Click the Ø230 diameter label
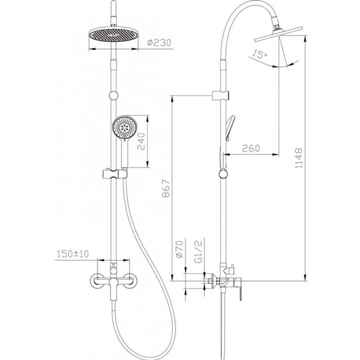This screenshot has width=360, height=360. coord(159,43)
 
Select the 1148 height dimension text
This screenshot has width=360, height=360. coord(299,158)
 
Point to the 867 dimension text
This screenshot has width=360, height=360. coord(166,189)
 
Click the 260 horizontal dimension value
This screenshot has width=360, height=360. coord(251,148)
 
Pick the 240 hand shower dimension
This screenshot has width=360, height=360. coord(141,141)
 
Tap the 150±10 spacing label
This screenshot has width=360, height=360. coord(73,254)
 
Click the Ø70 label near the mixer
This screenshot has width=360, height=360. coord(179,249)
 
